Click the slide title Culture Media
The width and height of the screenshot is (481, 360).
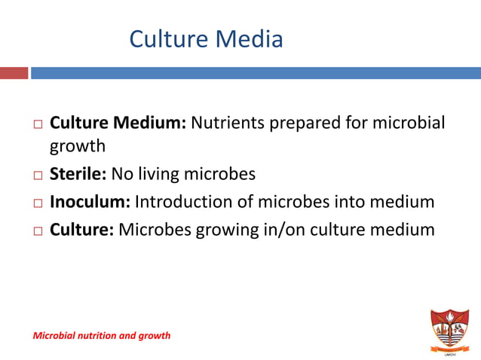(x=206, y=38)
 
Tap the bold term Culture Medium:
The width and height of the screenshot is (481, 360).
(x=118, y=122)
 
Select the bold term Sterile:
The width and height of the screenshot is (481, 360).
(x=78, y=175)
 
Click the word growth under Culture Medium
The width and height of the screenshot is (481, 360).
(x=77, y=145)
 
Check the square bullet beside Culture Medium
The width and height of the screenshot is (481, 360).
(x=38, y=124)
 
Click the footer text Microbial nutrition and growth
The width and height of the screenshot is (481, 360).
(x=101, y=335)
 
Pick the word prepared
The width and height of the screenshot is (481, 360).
(x=305, y=122)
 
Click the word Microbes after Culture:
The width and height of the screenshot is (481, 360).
(x=155, y=229)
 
